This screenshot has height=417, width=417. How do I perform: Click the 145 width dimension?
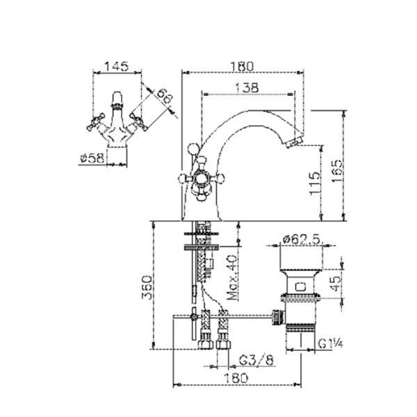coord(116,66)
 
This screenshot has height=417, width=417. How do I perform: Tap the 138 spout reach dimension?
coord(247,88)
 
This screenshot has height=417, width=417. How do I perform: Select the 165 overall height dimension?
coord(337,171)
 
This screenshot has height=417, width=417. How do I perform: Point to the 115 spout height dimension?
coord(315,183)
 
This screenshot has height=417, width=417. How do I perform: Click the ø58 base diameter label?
coord(92,158)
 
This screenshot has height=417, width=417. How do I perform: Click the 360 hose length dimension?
coord(147,288)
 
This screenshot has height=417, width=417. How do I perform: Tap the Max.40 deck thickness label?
coord(232,277)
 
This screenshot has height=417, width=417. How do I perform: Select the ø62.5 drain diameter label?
coord(301,239)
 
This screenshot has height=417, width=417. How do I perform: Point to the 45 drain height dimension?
coord(336,284)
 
